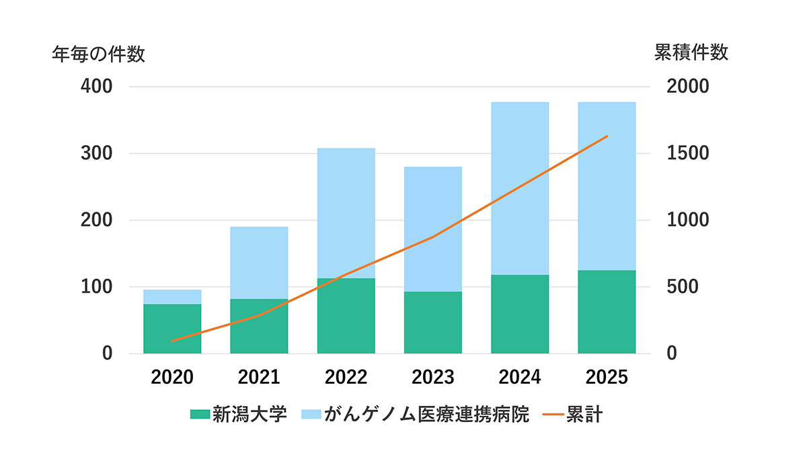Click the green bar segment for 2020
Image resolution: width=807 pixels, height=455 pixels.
172,329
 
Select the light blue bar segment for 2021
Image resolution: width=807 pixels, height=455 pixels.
259,262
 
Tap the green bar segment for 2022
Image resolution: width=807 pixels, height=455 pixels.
346,315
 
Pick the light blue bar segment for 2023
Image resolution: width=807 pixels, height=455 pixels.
433,229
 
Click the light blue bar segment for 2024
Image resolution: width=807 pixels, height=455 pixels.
520,188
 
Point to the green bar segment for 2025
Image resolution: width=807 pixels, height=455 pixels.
607,311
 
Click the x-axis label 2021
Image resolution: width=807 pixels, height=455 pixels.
259,377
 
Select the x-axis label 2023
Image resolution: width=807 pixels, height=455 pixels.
433,377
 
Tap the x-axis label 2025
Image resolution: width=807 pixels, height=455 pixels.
607,377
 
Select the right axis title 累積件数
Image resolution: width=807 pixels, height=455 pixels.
691,53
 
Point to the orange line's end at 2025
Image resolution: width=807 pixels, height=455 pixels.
607,136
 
